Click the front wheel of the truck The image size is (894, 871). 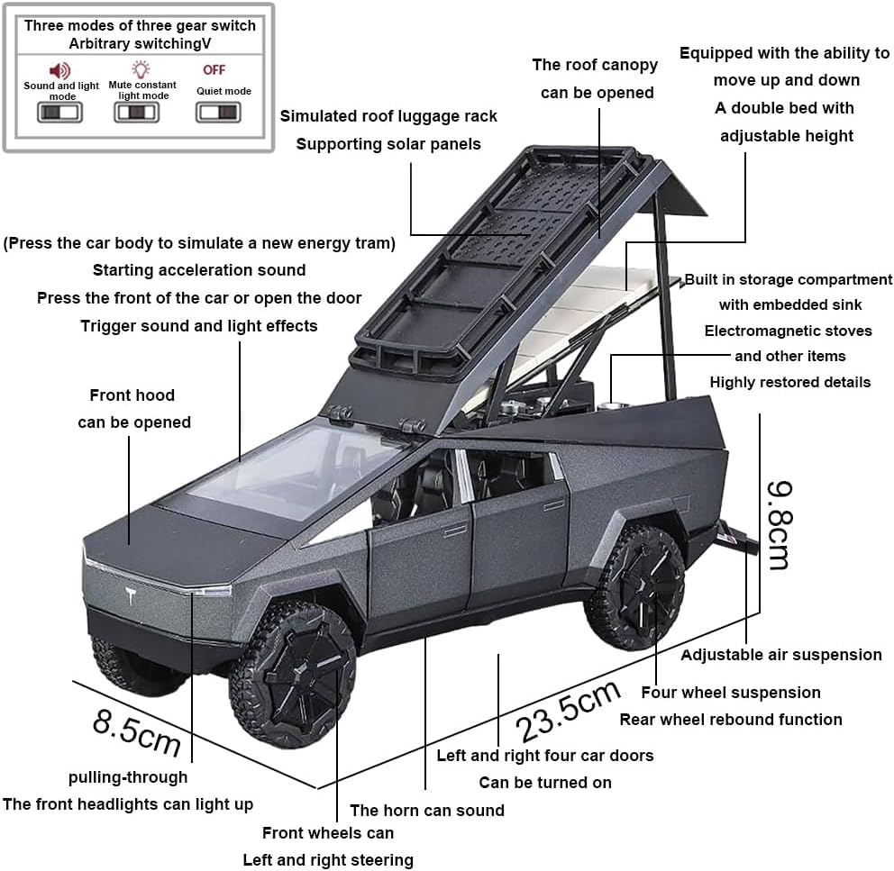click(294, 672)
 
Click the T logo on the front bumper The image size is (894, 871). click(132, 595)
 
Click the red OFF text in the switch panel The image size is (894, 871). click(214, 69)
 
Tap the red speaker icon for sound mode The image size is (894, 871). click(60, 69)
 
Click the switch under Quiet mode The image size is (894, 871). click(218, 113)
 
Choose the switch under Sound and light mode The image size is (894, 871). click(59, 113)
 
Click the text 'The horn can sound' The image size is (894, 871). click(427, 811)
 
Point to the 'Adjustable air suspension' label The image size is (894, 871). click(780, 655)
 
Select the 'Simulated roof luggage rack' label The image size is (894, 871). click(388, 116)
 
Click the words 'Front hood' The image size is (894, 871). click(132, 395)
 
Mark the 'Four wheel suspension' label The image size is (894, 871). click(731, 693)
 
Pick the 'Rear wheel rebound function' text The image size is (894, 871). click(731, 720)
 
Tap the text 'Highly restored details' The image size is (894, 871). click(789, 382)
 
